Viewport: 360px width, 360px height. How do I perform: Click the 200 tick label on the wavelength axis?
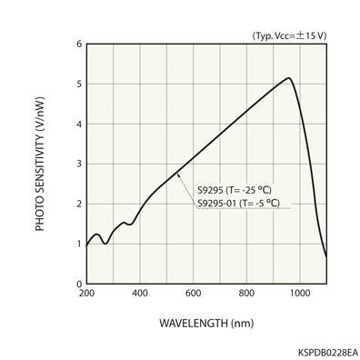[x=86, y=294]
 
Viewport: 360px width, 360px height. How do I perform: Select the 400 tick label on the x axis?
[x=140, y=294]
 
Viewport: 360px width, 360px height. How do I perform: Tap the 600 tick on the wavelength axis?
[x=193, y=294]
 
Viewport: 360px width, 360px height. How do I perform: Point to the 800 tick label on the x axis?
[x=246, y=294]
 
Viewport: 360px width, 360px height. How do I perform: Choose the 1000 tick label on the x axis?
[x=299, y=294]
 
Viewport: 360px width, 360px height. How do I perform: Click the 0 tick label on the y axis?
[x=78, y=284]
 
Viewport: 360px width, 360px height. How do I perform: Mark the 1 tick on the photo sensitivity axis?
[x=78, y=244]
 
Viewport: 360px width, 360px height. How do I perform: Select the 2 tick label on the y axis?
[x=78, y=204]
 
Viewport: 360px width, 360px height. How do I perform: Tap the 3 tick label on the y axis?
[x=78, y=164]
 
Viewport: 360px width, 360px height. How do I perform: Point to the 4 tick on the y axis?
[x=78, y=124]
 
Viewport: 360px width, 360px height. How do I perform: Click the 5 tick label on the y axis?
[x=78, y=84]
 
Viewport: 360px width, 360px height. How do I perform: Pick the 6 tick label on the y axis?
[x=78, y=44]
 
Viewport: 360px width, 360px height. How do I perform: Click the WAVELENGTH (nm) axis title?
[x=205, y=323]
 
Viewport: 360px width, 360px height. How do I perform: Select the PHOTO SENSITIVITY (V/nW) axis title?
[x=40, y=164]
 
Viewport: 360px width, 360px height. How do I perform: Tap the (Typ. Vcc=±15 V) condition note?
[x=288, y=35]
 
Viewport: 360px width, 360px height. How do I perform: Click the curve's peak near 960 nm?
[x=289, y=78]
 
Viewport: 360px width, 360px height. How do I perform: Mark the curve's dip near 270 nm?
[x=105, y=244]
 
